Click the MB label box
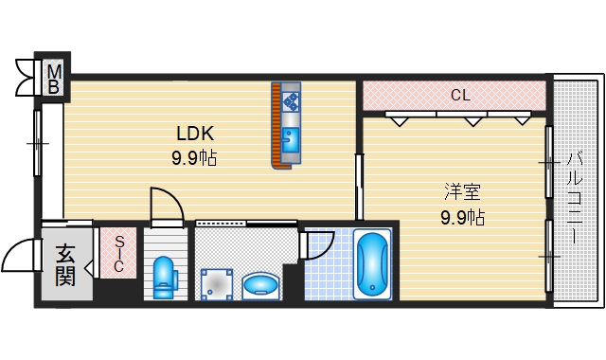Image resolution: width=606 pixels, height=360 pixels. click(54, 79)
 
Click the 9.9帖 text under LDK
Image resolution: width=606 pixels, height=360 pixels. click(193, 158)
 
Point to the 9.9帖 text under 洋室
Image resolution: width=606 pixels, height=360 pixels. click(462, 217)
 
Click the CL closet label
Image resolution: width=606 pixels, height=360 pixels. click(459, 95)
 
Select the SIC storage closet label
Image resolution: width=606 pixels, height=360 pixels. click(119, 254)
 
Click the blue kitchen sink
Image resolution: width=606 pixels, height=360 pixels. click(290, 142)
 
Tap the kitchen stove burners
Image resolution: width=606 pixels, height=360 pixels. click(290, 99)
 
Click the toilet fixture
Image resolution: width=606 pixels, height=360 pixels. click(164, 276)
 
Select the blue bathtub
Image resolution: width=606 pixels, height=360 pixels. click(373, 265)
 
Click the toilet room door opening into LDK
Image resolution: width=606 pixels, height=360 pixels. click(168, 206)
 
